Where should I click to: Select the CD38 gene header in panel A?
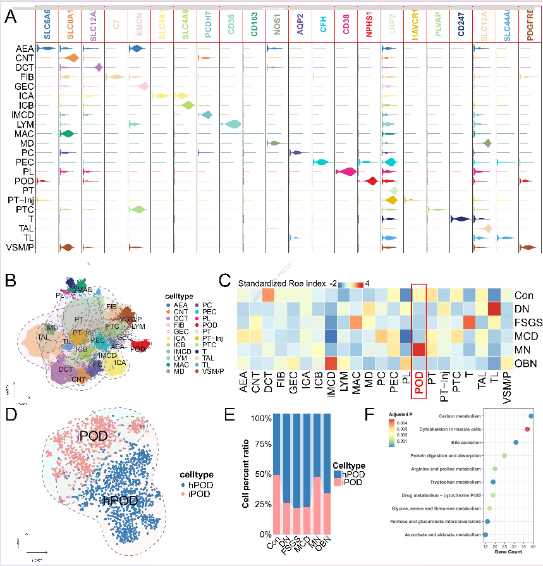[x=346, y=28]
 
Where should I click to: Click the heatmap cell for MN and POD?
[x=418, y=348]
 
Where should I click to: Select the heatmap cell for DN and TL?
[x=494, y=309]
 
